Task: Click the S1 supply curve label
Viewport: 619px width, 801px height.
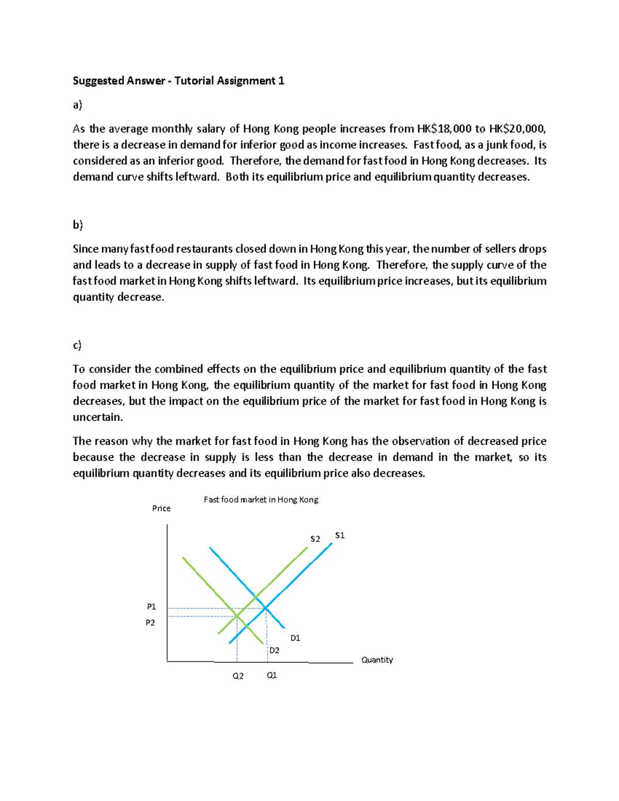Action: (339, 535)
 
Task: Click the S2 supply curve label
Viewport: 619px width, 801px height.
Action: (315, 539)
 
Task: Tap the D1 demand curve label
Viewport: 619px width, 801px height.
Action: (295, 638)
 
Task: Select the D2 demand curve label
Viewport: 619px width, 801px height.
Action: (274, 650)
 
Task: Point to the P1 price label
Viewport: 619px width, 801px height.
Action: (151, 607)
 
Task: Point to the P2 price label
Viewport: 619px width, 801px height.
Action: (150, 623)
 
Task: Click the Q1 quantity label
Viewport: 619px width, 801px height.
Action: (272, 675)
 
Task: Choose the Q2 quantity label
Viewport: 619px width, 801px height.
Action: (238, 676)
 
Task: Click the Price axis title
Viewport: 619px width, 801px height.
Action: (161, 509)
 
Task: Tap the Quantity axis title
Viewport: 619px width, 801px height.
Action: (377, 660)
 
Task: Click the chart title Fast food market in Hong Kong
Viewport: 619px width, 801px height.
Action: (261, 500)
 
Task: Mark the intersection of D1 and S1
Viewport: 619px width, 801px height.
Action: (266, 609)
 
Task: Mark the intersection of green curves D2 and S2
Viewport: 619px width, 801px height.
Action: (237, 616)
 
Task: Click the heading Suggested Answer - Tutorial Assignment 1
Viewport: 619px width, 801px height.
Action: (178, 80)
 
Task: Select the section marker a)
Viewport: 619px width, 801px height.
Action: (77, 105)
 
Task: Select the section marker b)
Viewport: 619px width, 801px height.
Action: (77, 224)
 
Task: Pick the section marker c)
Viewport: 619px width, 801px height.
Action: (77, 345)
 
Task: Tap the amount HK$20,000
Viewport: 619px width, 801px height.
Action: (516, 129)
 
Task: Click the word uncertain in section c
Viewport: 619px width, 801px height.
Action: (97, 417)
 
